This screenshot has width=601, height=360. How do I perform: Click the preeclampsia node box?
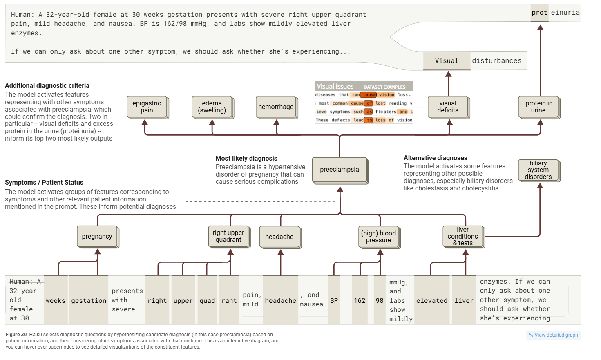click(340, 170)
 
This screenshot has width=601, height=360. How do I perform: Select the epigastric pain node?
click(147, 107)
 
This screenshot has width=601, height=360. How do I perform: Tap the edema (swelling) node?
click(212, 107)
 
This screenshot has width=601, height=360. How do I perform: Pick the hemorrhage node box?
click(276, 107)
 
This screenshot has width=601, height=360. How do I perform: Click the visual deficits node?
click(448, 107)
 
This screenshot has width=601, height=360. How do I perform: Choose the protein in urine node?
click(538, 107)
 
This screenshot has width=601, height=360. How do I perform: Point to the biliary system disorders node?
click(538, 170)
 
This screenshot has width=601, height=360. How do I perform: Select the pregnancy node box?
click(97, 237)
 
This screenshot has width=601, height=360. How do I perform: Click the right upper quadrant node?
click(228, 237)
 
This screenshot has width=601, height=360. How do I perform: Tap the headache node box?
click(279, 237)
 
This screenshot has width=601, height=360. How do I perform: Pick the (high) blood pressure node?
click(378, 237)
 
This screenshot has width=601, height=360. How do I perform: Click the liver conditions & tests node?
click(462, 237)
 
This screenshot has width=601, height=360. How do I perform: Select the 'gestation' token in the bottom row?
click(89, 301)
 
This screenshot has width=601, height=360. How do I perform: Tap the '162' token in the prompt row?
click(360, 301)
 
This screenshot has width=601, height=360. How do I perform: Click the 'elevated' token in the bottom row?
click(432, 301)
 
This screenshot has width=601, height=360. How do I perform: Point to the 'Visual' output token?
click(447, 61)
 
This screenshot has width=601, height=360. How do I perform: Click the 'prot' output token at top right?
click(539, 13)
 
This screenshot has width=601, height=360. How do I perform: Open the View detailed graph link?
click(554, 335)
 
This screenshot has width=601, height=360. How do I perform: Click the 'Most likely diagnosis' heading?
click(246, 159)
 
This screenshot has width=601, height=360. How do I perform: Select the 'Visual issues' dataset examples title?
click(335, 87)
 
